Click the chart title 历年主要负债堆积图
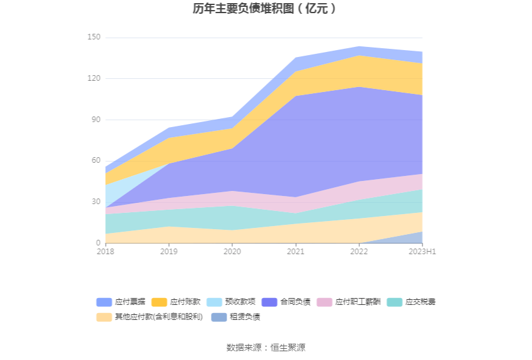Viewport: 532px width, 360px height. point(265,9)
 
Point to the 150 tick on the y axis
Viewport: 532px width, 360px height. point(93,38)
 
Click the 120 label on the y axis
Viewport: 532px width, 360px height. point(93,78)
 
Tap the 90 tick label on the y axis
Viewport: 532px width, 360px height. point(95,120)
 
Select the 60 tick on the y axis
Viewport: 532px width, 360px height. point(95,160)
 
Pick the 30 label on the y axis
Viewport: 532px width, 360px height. point(95,202)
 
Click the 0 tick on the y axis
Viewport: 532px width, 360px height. point(98,243)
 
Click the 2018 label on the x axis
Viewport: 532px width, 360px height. point(106,252)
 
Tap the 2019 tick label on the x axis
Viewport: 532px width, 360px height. point(169,252)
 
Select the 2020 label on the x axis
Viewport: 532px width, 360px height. point(232,252)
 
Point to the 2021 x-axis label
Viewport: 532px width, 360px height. point(295,252)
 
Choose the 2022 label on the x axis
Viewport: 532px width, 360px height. point(359,252)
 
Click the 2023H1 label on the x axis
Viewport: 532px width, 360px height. point(422,252)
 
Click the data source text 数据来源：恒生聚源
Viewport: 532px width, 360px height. point(265,347)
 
